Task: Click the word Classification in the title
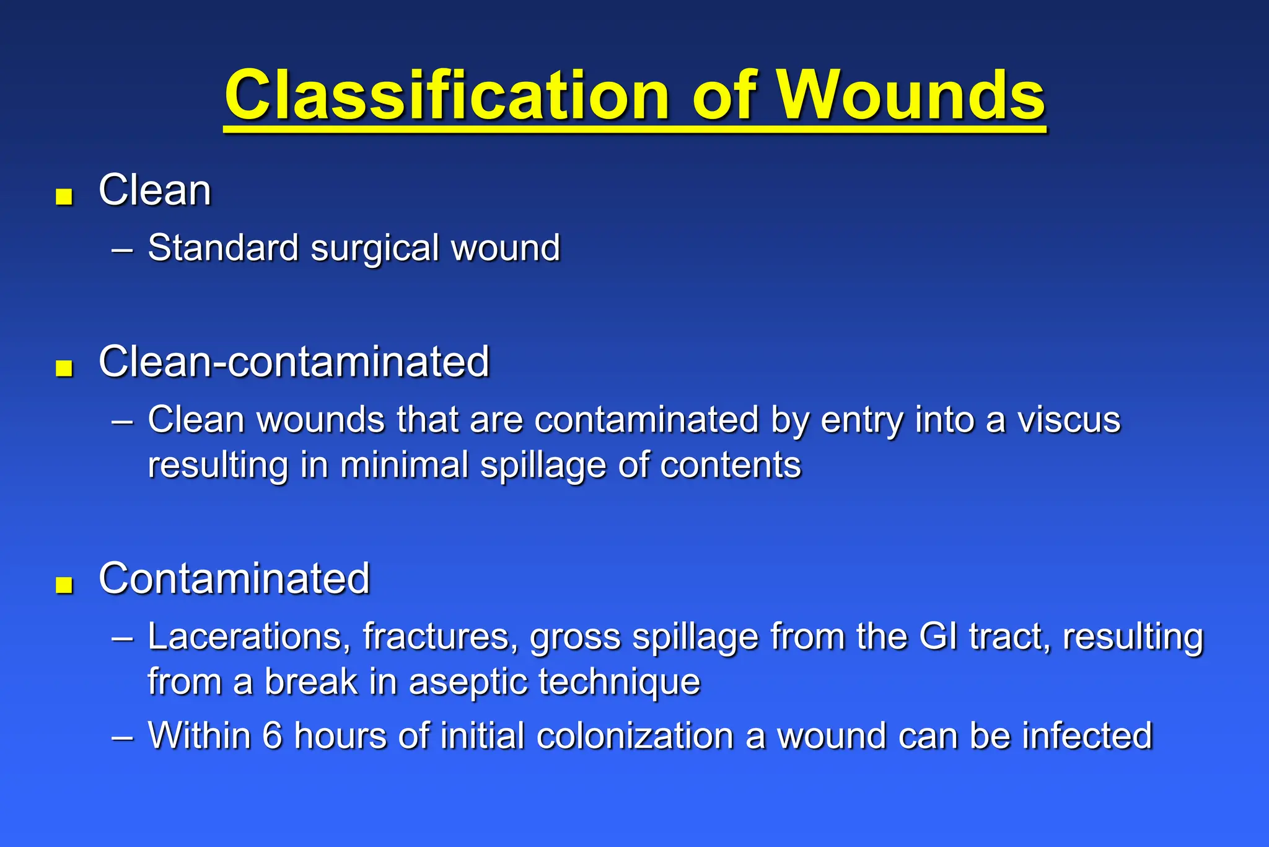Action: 446,96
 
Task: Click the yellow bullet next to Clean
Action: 64,197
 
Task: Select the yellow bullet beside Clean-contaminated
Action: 64,368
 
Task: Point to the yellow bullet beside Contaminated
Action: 64,585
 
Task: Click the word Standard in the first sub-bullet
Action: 223,248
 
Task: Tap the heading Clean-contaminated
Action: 294,361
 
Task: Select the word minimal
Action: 404,465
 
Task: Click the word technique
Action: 619,683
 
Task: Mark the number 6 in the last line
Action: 272,736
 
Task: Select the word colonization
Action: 634,736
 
